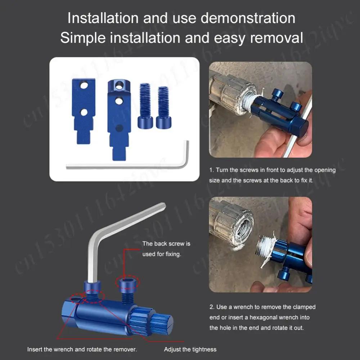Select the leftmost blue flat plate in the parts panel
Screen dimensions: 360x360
click(84, 108)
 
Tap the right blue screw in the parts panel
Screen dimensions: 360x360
click(163, 107)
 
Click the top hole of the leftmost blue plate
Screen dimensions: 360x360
click(84, 85)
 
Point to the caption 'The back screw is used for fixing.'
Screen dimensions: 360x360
click(166, 249)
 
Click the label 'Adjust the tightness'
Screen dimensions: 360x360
click(190, 349)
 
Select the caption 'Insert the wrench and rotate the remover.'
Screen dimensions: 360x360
click(82, 349)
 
